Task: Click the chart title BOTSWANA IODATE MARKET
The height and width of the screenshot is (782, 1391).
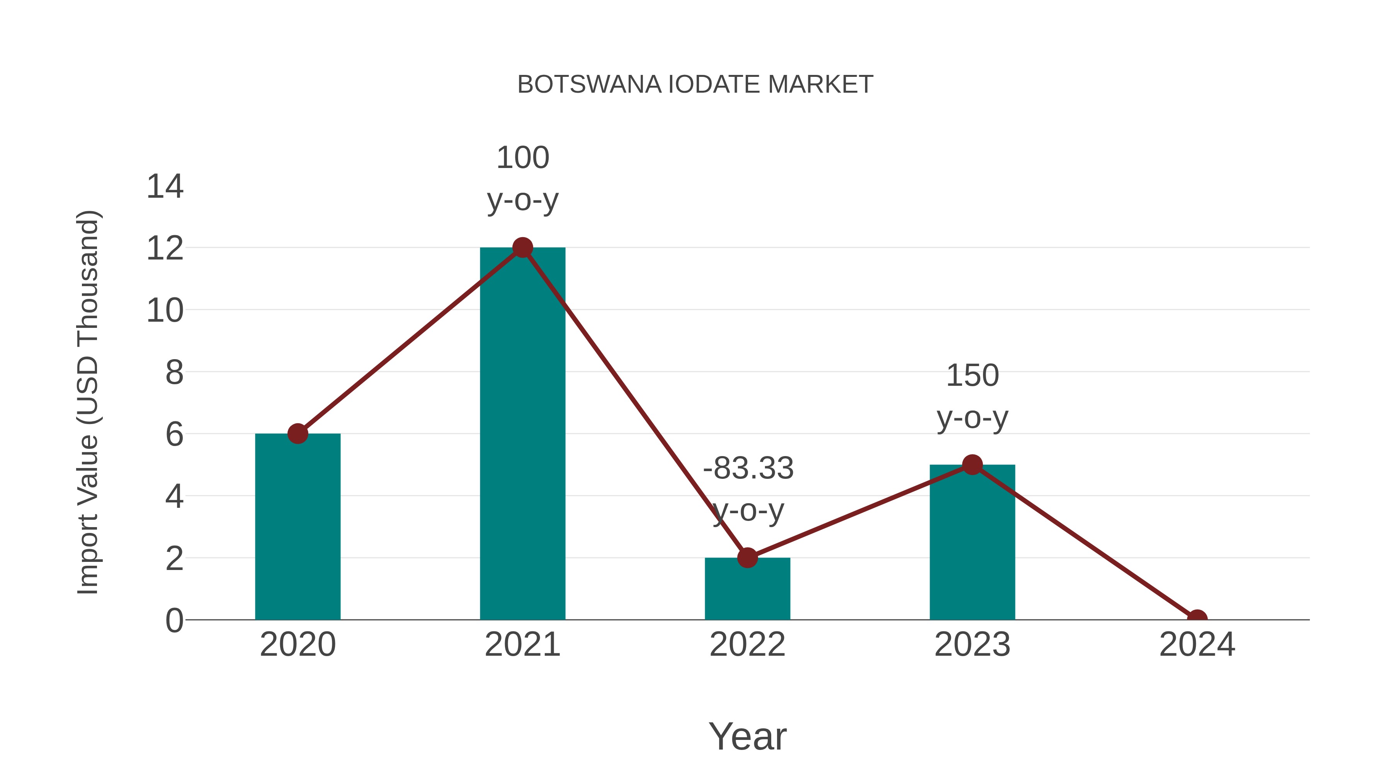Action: pos(695,85)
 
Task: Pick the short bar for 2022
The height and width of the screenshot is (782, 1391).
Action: pos(747,591)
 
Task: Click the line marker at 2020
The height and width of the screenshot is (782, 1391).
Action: pos(298,433)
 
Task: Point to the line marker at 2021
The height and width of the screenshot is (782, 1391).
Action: pos(522,248)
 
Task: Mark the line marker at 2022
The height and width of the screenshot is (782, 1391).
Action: pos(747,558)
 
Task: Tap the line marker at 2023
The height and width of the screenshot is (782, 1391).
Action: pos(972,465)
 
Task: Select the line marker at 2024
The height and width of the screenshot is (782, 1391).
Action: pos(1197,619)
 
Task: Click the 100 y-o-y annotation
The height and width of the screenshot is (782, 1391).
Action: pos(522,179)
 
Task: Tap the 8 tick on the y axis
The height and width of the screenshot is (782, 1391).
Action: pos(174,372)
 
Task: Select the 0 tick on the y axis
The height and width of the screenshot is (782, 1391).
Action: pos(174,620)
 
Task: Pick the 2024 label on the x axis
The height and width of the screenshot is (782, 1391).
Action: pos(1197,645)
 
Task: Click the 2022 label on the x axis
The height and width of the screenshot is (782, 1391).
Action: pos(747,645)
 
